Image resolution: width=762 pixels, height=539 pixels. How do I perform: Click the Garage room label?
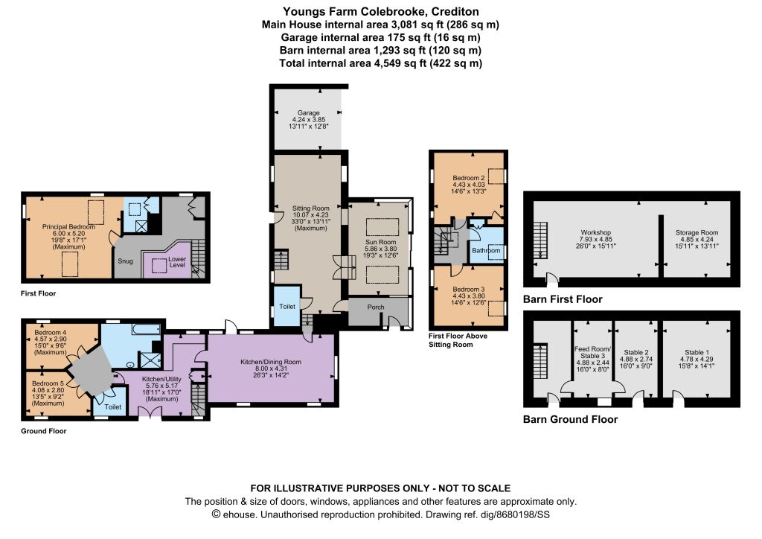(309, 112)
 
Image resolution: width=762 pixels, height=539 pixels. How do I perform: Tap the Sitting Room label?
(310, 208)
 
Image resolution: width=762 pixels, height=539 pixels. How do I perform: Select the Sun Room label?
(380, 242)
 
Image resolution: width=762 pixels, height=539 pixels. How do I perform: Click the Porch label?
(376, 307)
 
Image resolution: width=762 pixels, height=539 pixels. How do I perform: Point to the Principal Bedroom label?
(68, 227)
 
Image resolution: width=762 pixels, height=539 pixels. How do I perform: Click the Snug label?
(125, 261)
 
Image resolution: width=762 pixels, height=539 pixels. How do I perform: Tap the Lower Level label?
(177, 262)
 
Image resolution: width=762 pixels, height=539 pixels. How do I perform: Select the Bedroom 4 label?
(51, 333)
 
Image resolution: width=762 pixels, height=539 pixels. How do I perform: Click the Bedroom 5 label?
(48, 383)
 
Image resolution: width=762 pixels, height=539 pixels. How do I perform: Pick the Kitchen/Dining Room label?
(271, 362)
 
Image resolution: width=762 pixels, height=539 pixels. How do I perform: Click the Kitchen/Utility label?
(161, 379)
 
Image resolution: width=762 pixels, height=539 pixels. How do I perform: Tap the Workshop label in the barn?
(595, 233)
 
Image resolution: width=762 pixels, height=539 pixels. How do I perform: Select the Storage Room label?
(697, 233)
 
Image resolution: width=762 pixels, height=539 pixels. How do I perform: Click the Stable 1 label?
(697, 352)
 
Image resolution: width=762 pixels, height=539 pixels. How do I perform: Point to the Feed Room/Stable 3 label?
(592, 352)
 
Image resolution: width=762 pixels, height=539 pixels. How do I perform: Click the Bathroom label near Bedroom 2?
(486, 250)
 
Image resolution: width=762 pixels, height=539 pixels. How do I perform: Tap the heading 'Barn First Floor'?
(563, 299)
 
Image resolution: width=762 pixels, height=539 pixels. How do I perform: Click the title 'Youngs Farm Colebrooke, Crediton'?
(380, 11)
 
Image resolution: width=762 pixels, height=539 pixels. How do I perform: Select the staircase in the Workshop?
(540, 240)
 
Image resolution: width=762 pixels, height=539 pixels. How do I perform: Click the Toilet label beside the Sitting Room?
(287, 306)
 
